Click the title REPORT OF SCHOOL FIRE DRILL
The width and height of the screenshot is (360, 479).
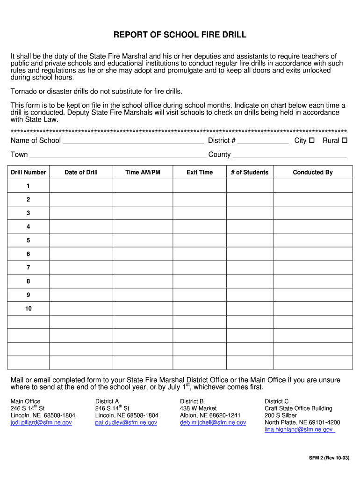click(x=180, y=35)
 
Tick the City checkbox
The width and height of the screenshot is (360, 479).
click(x=312, y=140)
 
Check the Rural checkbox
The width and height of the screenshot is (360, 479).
click(x=345, y=140)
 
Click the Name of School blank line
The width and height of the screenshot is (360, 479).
click(x=133, y=141)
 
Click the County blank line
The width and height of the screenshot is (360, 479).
click(x=289, y=155)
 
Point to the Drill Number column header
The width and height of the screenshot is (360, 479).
click(x=29, y=172)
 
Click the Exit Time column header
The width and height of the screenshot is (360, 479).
click(x=200, y=172)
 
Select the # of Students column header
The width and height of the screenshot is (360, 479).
click(x=250, y=172)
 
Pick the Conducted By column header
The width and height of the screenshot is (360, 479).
click(x=313, y=172)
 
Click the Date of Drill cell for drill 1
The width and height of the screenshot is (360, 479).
click(x=81, y=186)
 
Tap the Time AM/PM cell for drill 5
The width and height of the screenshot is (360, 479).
click(x=143, y=240)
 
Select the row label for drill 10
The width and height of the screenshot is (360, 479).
click(x=29, y=309)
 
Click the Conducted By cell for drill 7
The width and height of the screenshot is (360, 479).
click(x=313, y=268)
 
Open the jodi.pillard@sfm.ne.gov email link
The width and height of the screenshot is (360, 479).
click(x=41, y=422)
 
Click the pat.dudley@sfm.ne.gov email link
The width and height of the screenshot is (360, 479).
click(x=126, y=422)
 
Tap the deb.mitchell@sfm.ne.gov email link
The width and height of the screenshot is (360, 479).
click(x=213, y=422)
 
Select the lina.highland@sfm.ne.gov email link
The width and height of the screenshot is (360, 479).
click(x=299, y=429)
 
